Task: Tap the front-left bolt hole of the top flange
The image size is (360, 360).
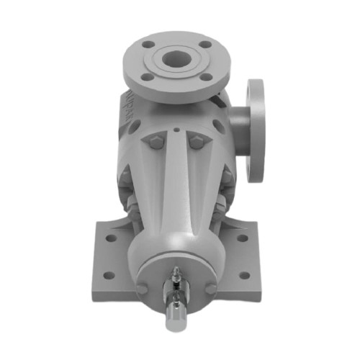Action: point(146,76)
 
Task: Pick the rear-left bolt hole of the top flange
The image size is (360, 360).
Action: point(150,45)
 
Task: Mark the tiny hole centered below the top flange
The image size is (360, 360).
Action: point(176,131)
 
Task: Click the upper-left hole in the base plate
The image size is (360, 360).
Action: point(109,237)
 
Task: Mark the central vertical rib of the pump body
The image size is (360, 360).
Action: point(176,187)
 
